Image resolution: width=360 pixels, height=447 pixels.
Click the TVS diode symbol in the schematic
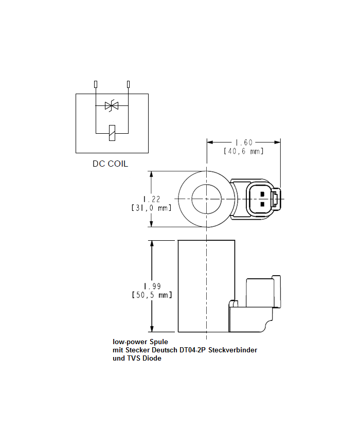111,106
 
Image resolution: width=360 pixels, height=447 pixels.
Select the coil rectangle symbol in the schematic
112,133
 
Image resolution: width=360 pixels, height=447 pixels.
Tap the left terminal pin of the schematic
96,84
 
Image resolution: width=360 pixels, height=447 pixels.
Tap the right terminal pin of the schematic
128,84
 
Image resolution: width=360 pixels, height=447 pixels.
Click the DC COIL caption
110,164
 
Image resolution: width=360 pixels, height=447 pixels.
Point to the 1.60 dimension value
244,142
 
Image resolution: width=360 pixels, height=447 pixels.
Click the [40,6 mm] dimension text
244,151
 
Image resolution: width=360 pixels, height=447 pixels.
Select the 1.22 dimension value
151,199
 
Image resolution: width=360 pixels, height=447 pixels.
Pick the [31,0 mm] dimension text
151,208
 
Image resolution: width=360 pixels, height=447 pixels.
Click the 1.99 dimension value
152,286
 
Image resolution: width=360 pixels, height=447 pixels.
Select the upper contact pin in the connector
262,194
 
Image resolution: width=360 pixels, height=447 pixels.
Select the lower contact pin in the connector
262,204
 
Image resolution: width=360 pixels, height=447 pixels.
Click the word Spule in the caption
157,342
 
